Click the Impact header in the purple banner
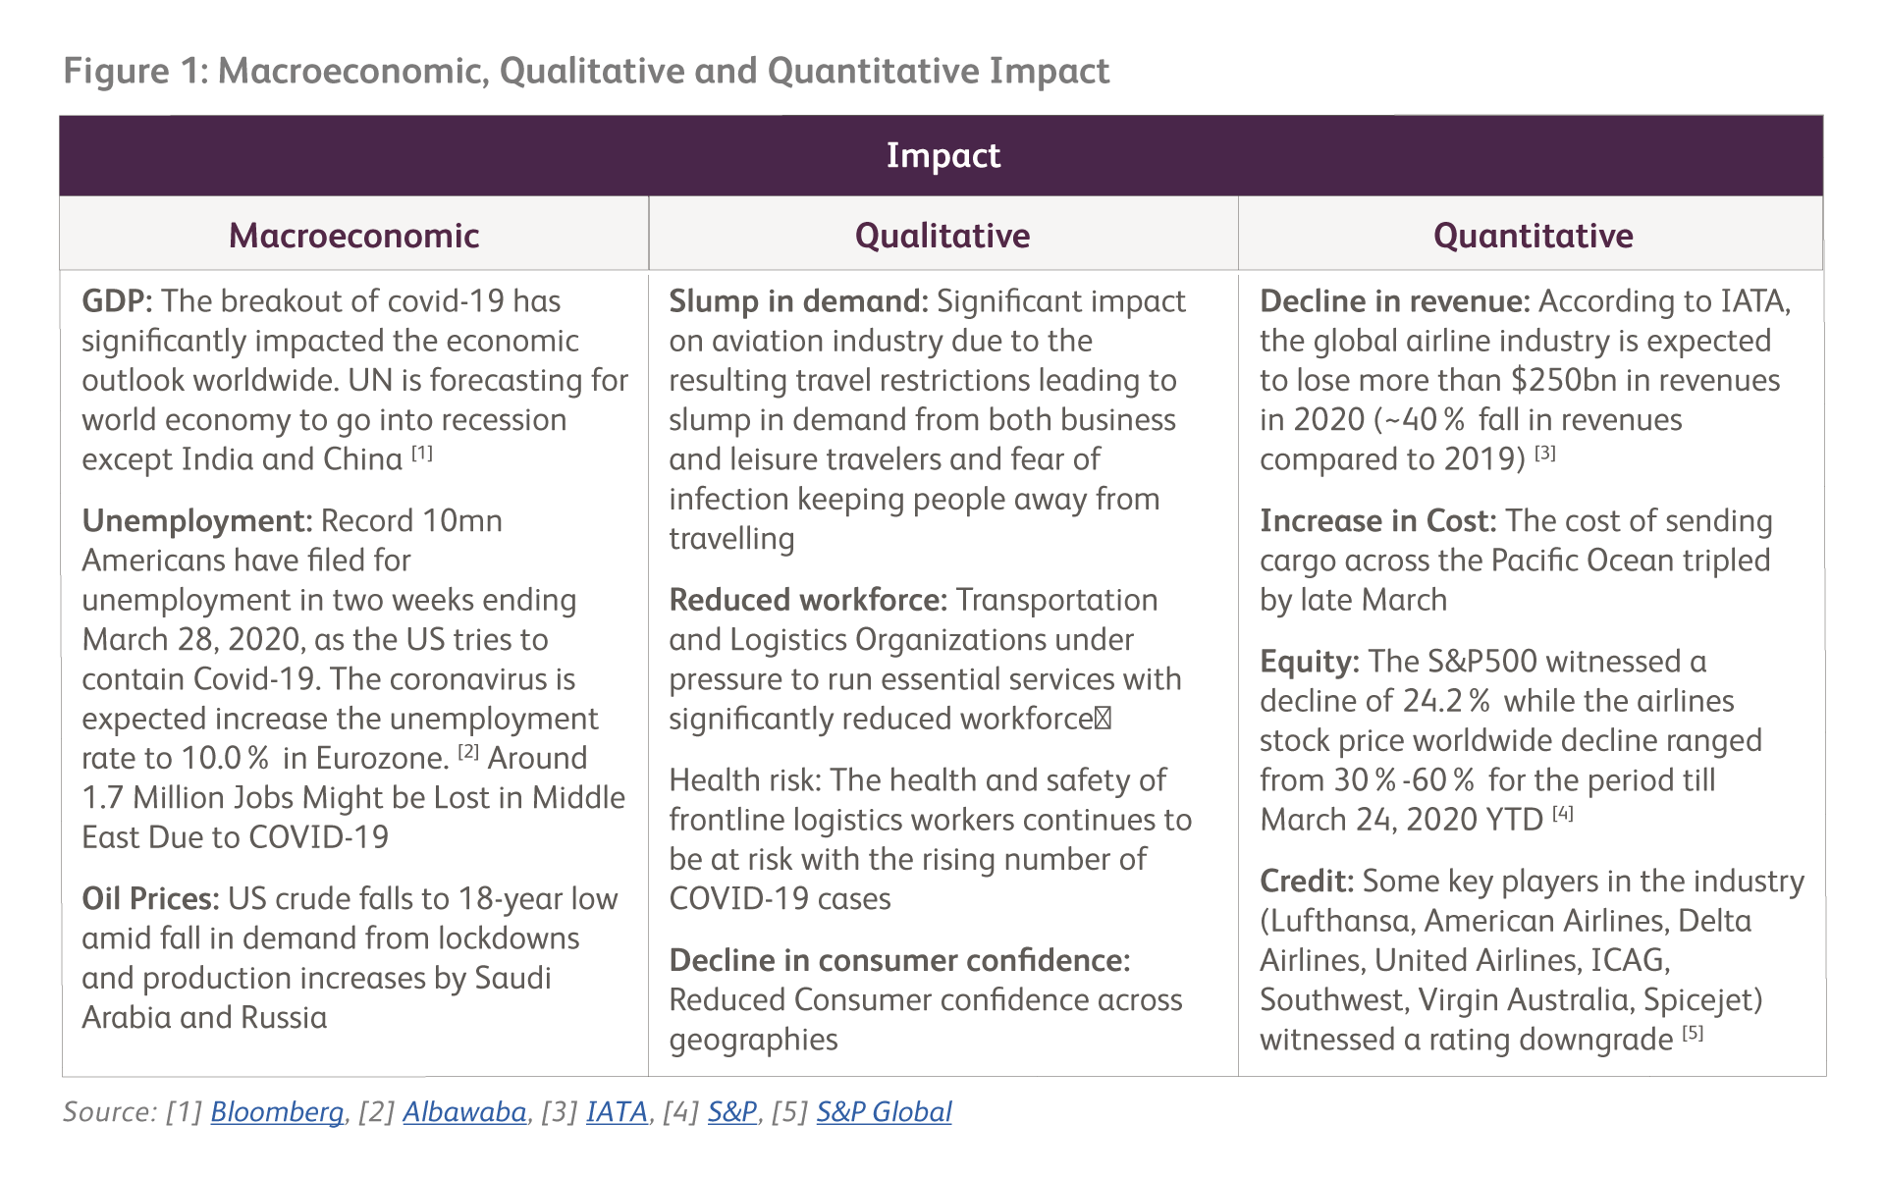click(x=942, y=155)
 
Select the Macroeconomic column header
click(x=353, y=236)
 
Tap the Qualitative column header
click(x=942, y=236)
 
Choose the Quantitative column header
click(x=1533, y=236)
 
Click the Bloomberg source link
click(x=277, y=1111)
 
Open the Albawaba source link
click(x=464, y=1111)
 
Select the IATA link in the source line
click(x=617, y=1111)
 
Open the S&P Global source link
click(x=884, y=1111)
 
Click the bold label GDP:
click(x=117, y=301)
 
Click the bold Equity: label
click(x=1309, y=662)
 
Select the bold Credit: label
click(x=1306, y=882)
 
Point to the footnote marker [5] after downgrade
click(x=1693, y=1033)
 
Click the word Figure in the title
click(x=116, y=71)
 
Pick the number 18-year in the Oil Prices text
click(x=506, y=899)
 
